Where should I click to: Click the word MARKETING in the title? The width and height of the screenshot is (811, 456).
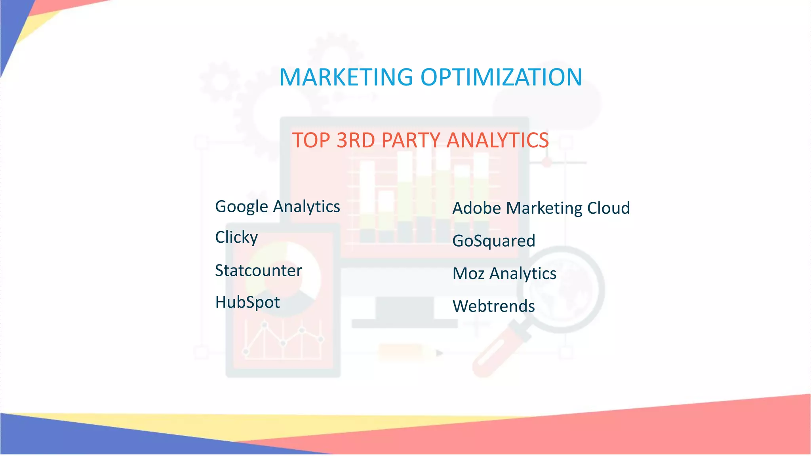[346, 77]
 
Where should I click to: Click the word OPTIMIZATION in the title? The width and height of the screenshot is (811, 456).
[501, 77]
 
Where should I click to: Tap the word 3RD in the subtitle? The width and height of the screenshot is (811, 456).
[355, 140]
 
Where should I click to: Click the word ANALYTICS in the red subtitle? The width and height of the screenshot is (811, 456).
[498, 140]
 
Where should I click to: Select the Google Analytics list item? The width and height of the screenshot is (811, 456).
[277, 207]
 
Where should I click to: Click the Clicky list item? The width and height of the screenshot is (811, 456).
[236, 237]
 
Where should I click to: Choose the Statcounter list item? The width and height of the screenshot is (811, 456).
[258, 271]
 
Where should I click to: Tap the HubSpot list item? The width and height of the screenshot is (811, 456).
[247, 302]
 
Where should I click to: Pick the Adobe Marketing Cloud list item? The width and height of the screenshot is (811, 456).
[541, 208]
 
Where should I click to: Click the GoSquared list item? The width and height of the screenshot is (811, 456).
[494, 241]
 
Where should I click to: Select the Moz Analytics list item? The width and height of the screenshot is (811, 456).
[504, 274]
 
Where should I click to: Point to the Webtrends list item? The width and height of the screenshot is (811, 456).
[494, 306]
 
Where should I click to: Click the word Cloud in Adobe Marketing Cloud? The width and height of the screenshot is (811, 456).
[608, 208]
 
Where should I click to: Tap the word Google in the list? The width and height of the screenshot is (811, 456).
[242, 207]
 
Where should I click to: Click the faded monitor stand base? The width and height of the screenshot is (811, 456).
[404, 324]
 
